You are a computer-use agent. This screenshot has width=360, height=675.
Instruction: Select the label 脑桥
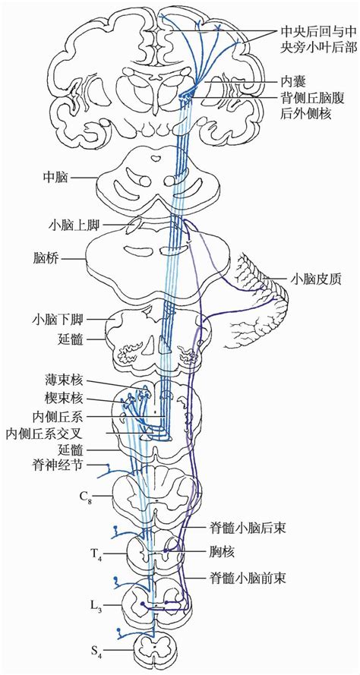46,259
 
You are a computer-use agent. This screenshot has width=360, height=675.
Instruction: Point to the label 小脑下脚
60,320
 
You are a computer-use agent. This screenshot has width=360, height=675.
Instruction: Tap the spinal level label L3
97,605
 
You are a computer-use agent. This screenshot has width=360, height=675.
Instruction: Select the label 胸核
222,552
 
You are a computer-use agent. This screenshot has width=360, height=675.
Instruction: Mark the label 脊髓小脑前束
248,577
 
